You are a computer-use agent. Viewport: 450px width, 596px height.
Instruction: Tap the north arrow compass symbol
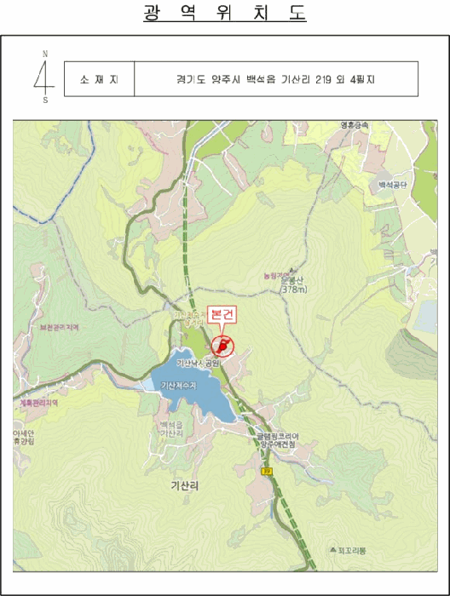[x=43, y=76]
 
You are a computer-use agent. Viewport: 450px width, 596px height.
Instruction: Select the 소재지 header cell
[x=99, y=78]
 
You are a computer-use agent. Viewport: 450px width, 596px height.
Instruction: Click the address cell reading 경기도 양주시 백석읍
[x=274, y=78]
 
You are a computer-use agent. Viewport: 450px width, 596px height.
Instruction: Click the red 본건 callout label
[x=224, y=315]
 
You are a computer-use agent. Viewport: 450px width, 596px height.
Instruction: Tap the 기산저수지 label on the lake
[x=178, y=387]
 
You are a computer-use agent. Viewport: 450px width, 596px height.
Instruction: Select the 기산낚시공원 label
[x=199, y=364]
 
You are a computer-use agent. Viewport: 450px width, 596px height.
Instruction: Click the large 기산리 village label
[x=184, y=485]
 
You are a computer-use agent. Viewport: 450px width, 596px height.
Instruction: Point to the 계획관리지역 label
[x=38, y=404]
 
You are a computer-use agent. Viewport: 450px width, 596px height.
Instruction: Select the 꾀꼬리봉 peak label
[x=350, y=552]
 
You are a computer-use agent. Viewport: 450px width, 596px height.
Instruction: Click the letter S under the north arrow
[x=45, y=100]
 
